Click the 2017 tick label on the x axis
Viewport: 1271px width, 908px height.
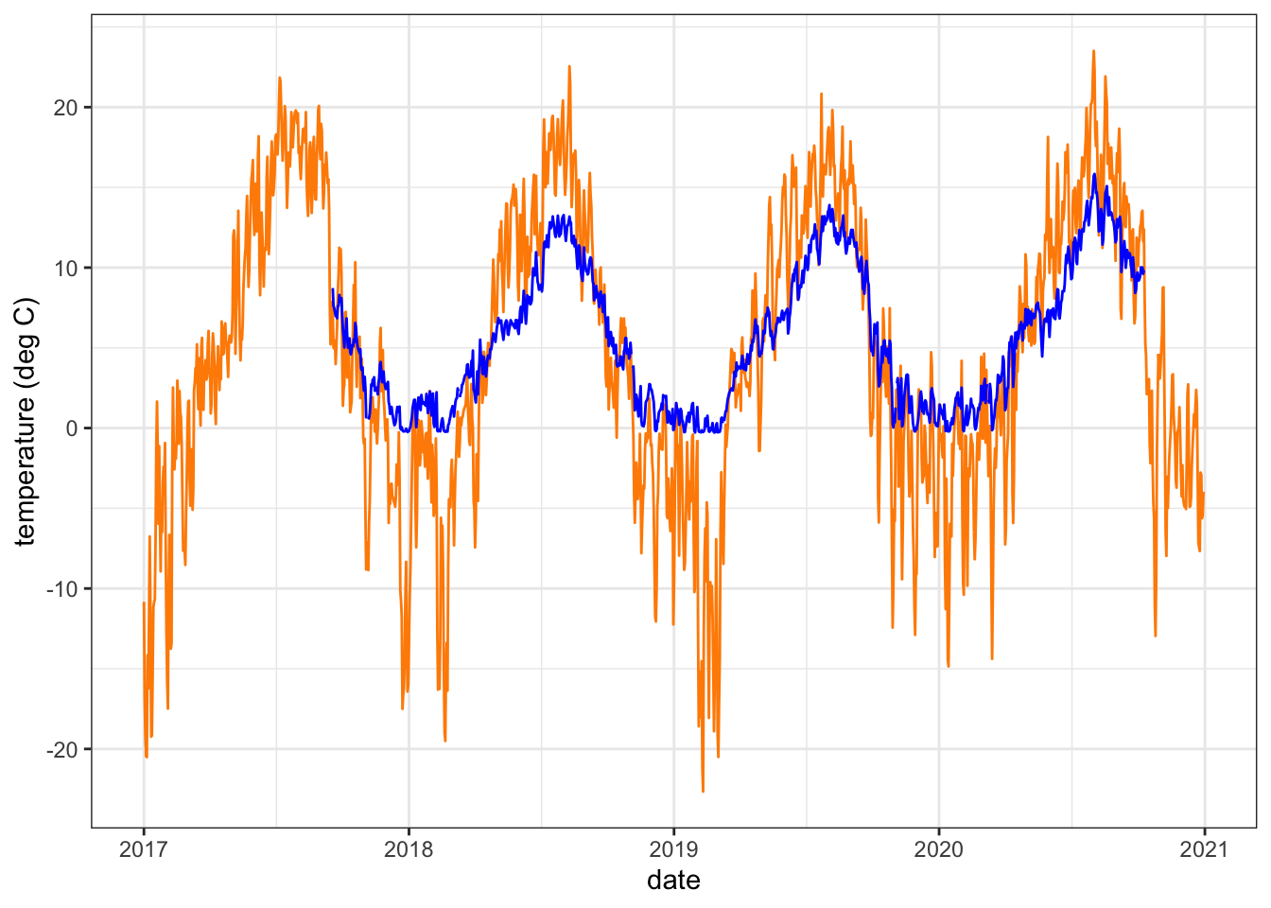[x=144, y=848]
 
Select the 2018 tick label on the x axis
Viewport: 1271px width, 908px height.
[x=409, y=848]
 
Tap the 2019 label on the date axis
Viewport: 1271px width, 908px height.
[x=673, y=848]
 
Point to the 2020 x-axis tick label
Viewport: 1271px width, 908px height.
[x=939, y=848]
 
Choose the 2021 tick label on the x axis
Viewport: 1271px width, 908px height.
[x=1204, y=848]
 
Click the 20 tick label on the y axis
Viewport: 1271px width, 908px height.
[x=66, y=108]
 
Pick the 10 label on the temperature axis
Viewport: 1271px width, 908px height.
[x=66, y=268]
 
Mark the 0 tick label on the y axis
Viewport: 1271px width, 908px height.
[x=72, y=428]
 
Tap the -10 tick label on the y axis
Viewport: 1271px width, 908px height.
[x=62, y=588]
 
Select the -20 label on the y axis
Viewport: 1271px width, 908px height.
[x=62, y=749]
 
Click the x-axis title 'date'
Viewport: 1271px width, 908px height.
[x=673, y=881]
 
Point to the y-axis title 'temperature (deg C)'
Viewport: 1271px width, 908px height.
[x=26, y=422]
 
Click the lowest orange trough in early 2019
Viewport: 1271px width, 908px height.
[x=703, y=791]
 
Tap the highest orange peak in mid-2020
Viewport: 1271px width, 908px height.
[x=1093, y=51]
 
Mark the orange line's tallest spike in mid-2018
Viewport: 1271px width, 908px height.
[x=569, y=66]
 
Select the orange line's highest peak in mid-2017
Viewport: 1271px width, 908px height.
[x=280, y=78]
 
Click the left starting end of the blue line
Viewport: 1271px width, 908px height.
[x=332, y=289]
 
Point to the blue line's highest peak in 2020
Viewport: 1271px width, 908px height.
[x=1094, y=174]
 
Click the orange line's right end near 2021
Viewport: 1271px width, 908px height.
[x=1204, y=493]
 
